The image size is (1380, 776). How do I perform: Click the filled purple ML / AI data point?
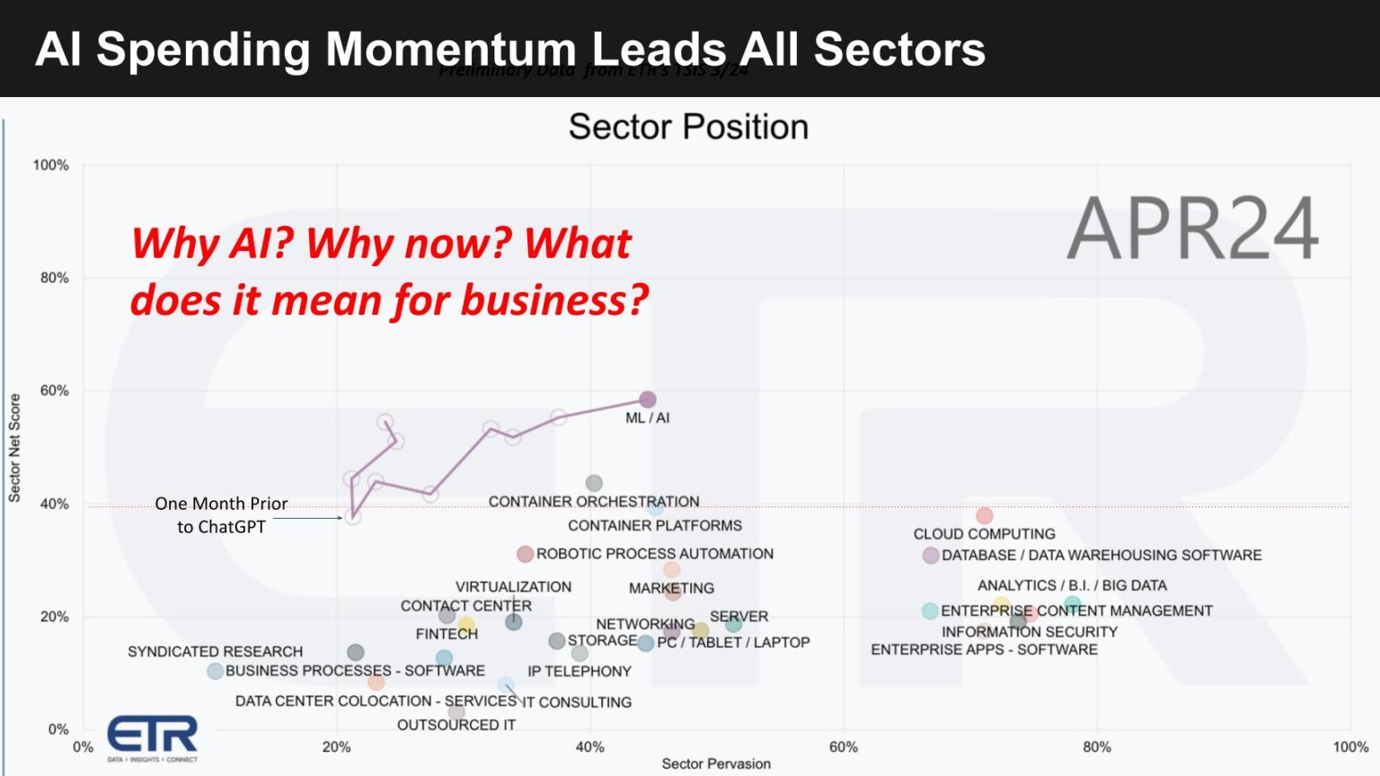click(x=647, y=399)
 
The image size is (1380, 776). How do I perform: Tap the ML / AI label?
click(x=647, y=418)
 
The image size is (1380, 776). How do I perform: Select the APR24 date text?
click(x=1192, y=229)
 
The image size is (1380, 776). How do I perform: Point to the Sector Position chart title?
click(x=688, y=127)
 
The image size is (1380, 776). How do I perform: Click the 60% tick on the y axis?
click(x=54, y=391)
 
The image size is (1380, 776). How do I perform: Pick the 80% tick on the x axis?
click(x=1096, y=747)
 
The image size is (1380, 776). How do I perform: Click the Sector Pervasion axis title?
click(x=716, y=763)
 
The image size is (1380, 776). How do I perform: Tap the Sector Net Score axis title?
click(x=14, y=447)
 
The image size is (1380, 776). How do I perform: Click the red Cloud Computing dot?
click(x=985, y=516)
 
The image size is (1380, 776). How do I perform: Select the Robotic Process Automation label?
click(x=654, y=554)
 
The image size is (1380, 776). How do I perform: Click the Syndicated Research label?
click(x=215, y=652)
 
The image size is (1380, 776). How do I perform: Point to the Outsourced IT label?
click(x=456, y=725)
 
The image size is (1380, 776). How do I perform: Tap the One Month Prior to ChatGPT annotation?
click(x=221, y=515)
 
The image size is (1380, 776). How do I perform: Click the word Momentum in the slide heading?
click(x=450, y=49)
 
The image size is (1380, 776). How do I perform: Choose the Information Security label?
click(x=1029, y=632)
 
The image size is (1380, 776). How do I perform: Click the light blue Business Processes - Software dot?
click(x=215, y=671)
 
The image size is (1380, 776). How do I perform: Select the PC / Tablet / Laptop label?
click(x=733, y=643)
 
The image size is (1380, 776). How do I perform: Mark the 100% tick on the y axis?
click(x=50, y=165)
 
